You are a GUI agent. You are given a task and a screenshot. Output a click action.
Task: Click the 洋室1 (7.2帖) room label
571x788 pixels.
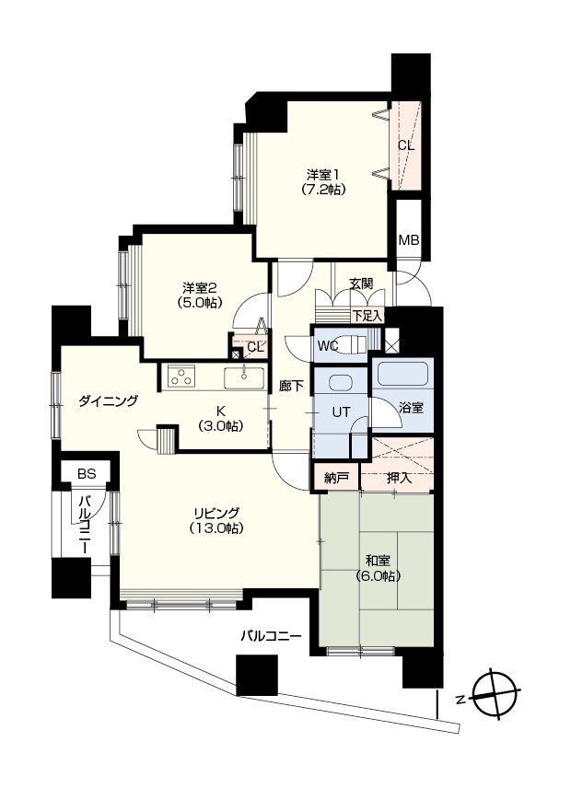coord(323,182)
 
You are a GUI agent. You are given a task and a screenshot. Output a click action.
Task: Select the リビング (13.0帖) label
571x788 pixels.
coord(216,521)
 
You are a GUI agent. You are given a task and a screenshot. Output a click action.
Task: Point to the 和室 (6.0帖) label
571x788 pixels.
coord(378,568)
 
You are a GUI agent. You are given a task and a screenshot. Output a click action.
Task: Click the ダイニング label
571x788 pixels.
coord(108,401)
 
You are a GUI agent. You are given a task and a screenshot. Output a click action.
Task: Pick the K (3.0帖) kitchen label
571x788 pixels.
coord(220,419)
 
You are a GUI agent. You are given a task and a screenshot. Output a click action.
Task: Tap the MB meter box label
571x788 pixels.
coord(409,240)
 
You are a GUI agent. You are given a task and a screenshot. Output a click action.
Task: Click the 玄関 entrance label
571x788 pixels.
coord(361,284)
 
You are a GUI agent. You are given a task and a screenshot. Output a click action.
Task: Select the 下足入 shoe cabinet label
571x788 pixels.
coord(367,316)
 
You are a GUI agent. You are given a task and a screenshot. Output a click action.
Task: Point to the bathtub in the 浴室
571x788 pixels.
coord(402,374)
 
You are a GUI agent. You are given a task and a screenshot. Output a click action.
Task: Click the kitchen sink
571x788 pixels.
coord(244,378)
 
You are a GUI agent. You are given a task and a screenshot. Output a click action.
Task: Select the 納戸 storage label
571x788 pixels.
coord(335,479)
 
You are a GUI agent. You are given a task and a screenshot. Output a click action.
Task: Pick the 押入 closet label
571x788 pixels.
coord(399,478)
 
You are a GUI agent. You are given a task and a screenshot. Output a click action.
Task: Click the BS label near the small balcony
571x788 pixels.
coord(87,473)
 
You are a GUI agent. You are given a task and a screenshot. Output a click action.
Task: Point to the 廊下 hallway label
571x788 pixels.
coord(292,386)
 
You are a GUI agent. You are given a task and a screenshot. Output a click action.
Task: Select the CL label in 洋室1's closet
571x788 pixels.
coord(406,145)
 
